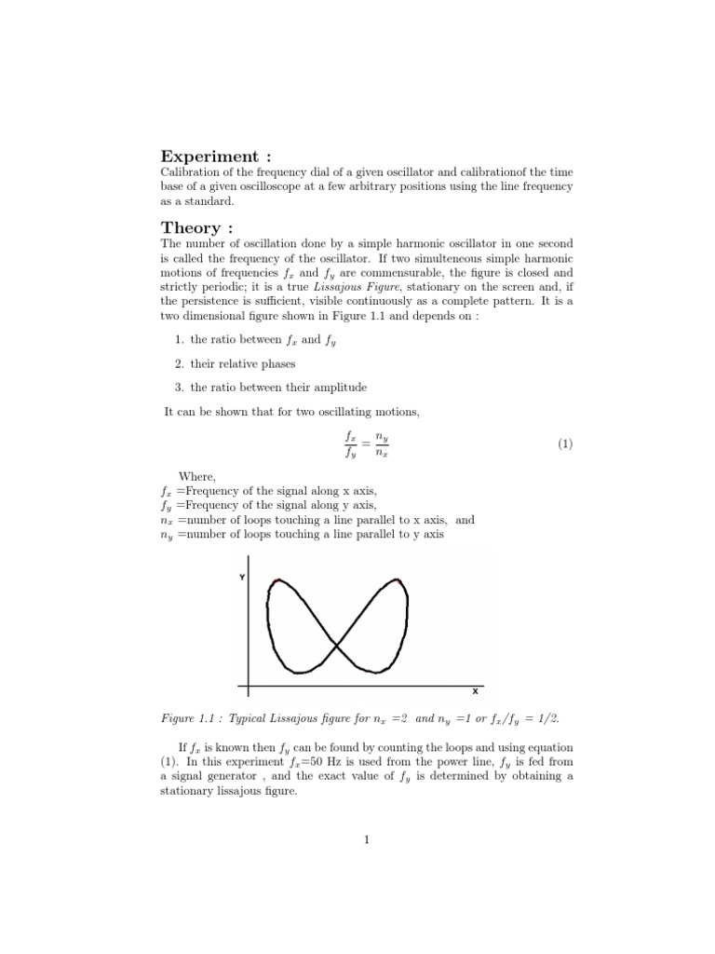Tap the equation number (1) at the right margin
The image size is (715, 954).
point(565,444)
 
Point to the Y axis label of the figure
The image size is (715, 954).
point(242,578)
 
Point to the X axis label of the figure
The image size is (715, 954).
point(475,691)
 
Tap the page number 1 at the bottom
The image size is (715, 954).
point(367,839)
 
